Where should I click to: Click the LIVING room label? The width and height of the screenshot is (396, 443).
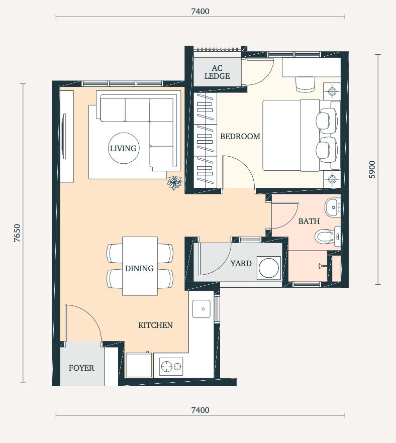123,148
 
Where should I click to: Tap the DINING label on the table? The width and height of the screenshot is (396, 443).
139,268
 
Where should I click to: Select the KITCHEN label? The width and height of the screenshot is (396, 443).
155,325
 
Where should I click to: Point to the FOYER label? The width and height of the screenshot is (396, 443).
81,368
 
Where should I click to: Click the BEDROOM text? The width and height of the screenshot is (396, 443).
240,137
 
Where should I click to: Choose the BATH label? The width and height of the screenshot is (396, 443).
309,221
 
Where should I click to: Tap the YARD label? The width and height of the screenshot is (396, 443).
241,264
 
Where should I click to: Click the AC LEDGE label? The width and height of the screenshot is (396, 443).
217,72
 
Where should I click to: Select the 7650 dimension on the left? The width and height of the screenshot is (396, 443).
18,233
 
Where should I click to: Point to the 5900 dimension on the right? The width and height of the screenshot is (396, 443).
372,170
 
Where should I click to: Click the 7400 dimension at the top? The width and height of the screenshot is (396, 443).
200,11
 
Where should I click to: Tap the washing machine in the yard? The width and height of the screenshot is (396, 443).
269,268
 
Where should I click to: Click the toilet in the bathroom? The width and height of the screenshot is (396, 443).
327,236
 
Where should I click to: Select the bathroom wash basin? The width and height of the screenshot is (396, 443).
333,207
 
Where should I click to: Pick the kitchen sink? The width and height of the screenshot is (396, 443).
201,309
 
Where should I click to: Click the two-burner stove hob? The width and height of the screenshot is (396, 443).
171,367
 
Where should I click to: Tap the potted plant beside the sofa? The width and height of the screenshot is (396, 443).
174,182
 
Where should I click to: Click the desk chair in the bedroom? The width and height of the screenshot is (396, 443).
305,84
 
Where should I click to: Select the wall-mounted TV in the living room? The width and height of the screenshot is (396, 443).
64,136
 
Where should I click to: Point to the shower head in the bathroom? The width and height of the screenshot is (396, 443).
323,266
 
